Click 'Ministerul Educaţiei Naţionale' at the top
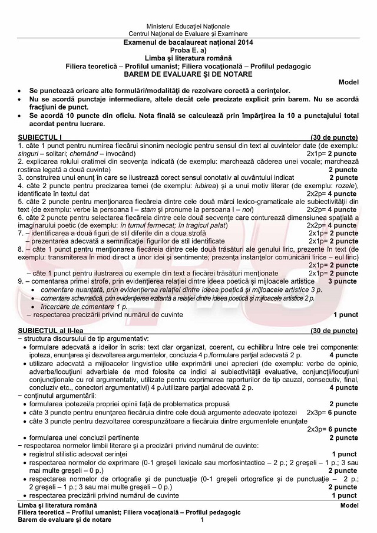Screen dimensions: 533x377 188,27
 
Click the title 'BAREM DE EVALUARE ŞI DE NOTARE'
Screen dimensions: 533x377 188,74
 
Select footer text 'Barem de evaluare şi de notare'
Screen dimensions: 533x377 65,519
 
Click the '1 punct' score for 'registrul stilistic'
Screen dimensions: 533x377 345,454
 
